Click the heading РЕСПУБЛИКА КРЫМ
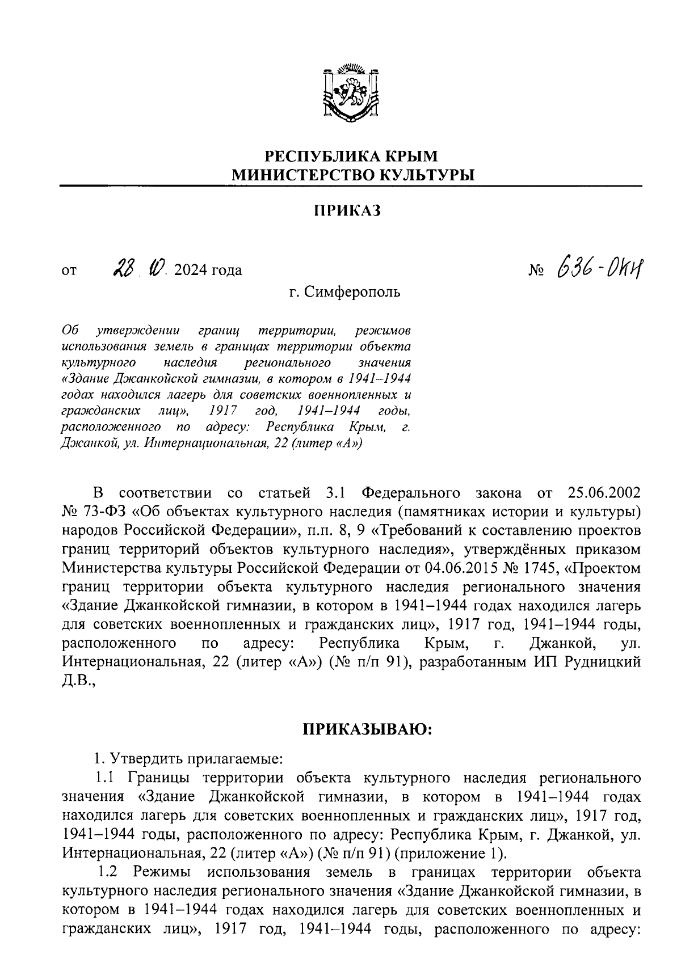(x=352, y=156)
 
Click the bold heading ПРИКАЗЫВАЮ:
(x=367, y=729)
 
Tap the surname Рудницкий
(x=601, y=662)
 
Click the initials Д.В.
(x=78, y=681)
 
